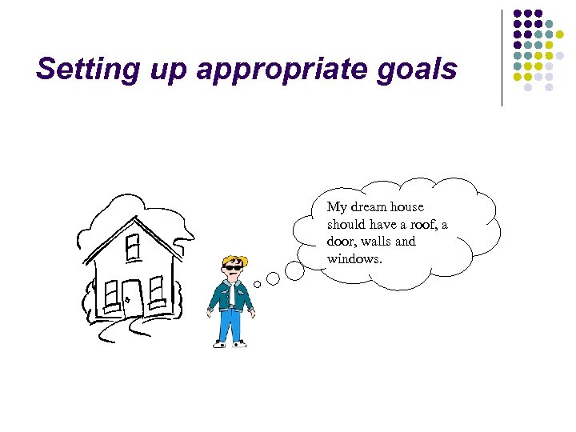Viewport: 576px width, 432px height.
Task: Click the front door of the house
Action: tap(132, 298)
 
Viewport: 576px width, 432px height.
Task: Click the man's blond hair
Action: tap(235, 260)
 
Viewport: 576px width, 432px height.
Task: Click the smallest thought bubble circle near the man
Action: tap(258, 284)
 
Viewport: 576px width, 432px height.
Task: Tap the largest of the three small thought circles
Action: tap(294, 271)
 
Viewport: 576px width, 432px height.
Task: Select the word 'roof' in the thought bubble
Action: tap(418, 225)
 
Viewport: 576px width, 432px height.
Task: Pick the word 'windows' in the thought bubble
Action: tap(350, 258)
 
